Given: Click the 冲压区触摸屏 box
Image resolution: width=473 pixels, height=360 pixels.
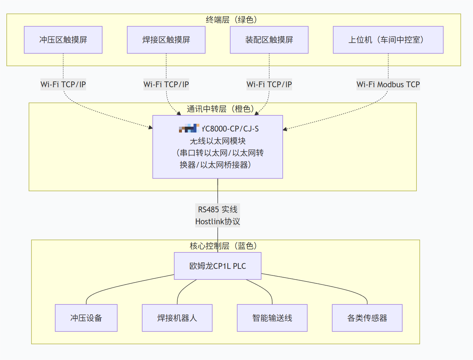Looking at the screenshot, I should [63, 40].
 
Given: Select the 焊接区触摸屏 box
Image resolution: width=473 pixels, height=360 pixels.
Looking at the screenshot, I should [166, 40].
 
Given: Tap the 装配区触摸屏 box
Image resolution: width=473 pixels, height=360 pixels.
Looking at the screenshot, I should [269, 40].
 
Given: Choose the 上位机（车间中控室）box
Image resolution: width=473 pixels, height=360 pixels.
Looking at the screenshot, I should [388, 40].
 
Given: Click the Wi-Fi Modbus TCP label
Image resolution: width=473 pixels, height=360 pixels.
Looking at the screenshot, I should [388, 84].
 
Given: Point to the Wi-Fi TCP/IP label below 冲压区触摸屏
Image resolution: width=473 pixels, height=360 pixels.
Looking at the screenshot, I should [63, 84].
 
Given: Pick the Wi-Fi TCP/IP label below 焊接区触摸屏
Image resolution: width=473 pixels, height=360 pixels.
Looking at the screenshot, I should [166, 84].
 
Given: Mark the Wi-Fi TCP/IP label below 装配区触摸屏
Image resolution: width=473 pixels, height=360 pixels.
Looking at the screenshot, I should [269, 84].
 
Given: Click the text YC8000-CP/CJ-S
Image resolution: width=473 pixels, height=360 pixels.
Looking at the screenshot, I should [230, 129].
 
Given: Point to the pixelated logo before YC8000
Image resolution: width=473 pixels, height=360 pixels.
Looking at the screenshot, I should [189, 128].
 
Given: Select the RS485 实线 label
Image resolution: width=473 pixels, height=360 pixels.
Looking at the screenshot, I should [217, 209].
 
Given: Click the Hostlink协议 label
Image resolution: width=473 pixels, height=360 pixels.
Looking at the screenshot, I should [217, 221].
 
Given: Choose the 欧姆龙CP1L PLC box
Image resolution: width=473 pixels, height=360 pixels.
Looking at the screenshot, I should [217, 266].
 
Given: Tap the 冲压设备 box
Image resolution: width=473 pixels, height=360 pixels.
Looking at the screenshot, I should [86, 318].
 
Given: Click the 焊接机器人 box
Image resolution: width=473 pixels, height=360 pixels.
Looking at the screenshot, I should [177, 318].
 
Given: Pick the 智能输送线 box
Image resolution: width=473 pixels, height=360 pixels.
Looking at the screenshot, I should [272, 318].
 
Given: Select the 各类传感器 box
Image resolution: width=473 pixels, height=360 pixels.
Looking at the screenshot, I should [367, 318].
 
